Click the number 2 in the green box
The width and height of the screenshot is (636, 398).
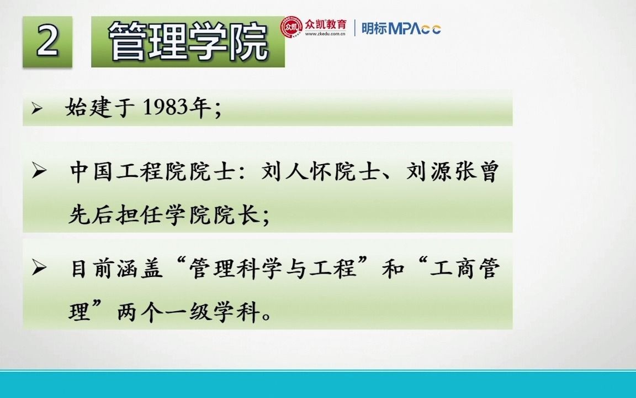click(47, 41)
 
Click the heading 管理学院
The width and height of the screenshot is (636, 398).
click(188, 42)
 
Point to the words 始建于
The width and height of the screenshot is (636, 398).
click(100, 108)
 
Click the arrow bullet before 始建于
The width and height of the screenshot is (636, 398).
click(37, 109)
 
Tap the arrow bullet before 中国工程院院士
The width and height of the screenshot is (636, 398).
click(39, 172)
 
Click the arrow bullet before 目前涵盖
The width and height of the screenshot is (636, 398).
click(39, 269)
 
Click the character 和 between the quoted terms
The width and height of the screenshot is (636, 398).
click(393, 269)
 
